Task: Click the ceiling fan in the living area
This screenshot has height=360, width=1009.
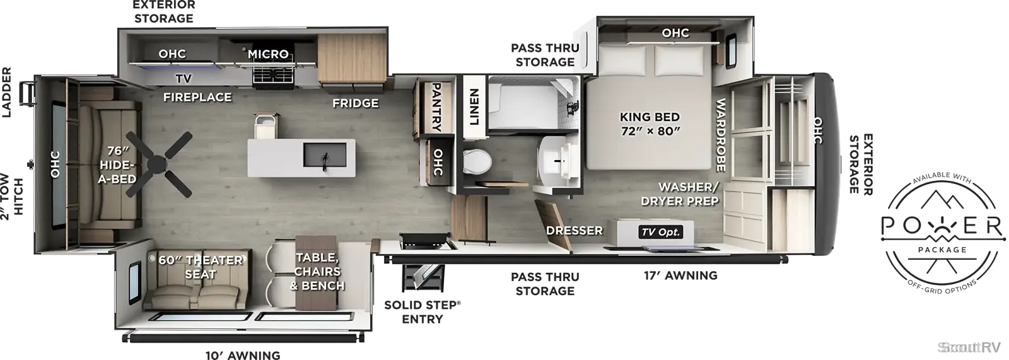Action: pyautogui.click(x=158, y=165)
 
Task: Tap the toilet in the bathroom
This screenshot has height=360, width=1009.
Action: pyautogui.click(x=477, y=162)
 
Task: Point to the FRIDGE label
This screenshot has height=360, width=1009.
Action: pyautogui.click(x=356, y=103)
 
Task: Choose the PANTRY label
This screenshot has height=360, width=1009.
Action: pyautogui.click(x=436, y=107)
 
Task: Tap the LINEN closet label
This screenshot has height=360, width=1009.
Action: pyautogui.click(x=474, y=107)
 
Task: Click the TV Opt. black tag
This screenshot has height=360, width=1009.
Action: pyautogui.click(x=661, y=232)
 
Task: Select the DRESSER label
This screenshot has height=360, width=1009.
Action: pyautogui.click(x=574, y=231)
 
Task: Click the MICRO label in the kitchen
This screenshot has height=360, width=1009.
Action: pyautogui.click(x=268, y=54)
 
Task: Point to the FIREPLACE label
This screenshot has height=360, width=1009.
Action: pyautogui.click(x=197, y=97)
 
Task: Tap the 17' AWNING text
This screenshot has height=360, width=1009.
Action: pyautogui.click(x=680, y=276)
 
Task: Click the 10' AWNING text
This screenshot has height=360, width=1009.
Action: pyautogui.click(x=243, y=355)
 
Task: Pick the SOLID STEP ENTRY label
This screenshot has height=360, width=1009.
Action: pyautogui.click(x=423, y=312)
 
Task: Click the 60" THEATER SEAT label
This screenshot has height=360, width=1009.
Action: pyautogui.click(x=201, y=267)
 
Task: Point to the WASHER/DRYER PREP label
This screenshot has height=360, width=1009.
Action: pyautogui.click(x=680, y=194)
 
